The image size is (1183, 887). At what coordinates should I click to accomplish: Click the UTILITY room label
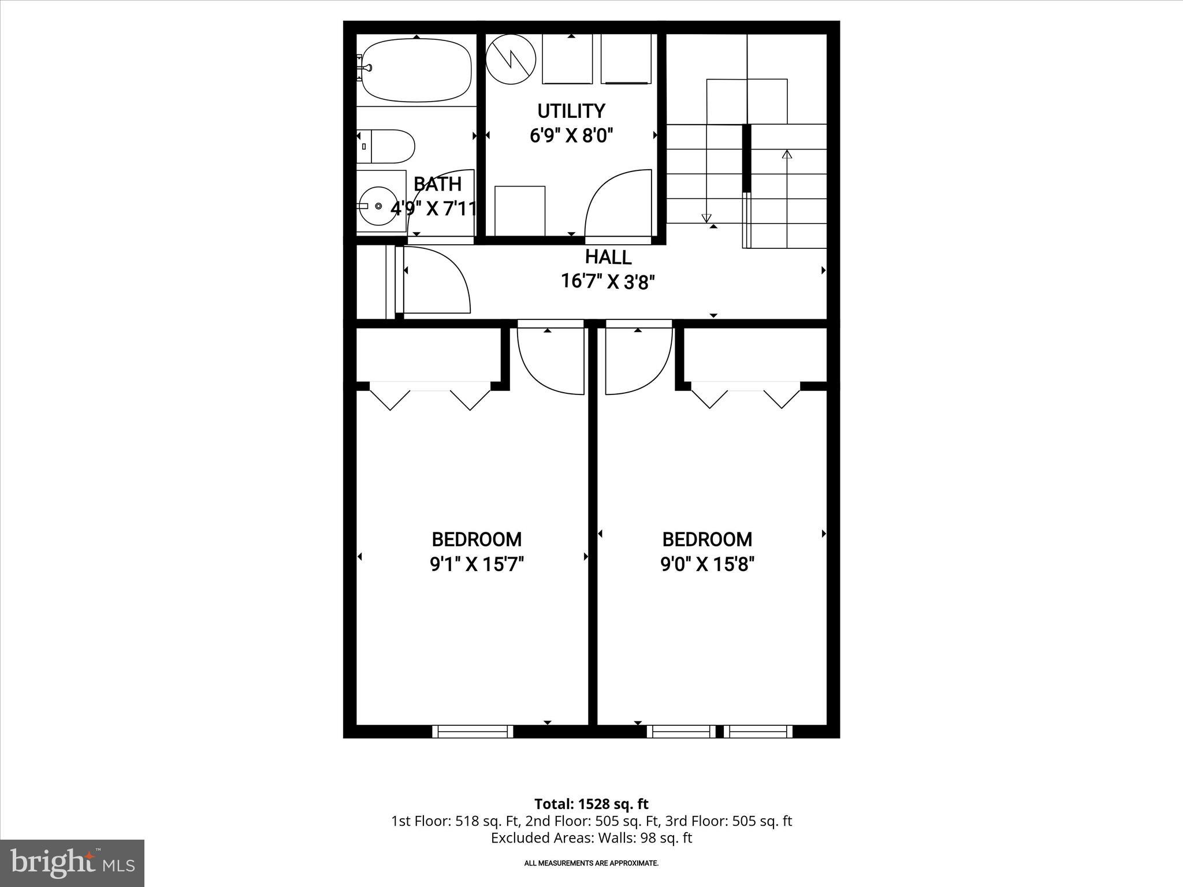coord(571,111)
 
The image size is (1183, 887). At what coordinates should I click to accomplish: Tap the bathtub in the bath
coord(416,70)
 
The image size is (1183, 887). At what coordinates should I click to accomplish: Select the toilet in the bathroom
coord(387,146)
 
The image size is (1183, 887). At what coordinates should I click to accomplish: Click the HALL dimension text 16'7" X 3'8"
coord(608,282)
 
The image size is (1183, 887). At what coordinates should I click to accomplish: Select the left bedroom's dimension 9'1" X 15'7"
coord(477,564)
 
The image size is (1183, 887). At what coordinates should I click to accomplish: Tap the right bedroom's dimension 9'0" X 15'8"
coord(707,564)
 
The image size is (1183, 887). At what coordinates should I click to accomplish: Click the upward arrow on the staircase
coord(787,155)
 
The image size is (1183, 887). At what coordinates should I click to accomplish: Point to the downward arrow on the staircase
coord(706,217)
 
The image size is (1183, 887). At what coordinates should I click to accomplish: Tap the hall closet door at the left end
coord(436,280)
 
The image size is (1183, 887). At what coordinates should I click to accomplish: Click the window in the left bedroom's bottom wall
coord(473,732)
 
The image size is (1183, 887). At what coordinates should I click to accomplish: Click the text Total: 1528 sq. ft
coord(591,804)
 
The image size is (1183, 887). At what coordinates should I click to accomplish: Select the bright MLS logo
coord(72,863)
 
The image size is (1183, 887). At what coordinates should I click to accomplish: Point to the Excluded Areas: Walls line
coord(591,837)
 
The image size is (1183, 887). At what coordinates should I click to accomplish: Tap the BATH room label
coord(437,184)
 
